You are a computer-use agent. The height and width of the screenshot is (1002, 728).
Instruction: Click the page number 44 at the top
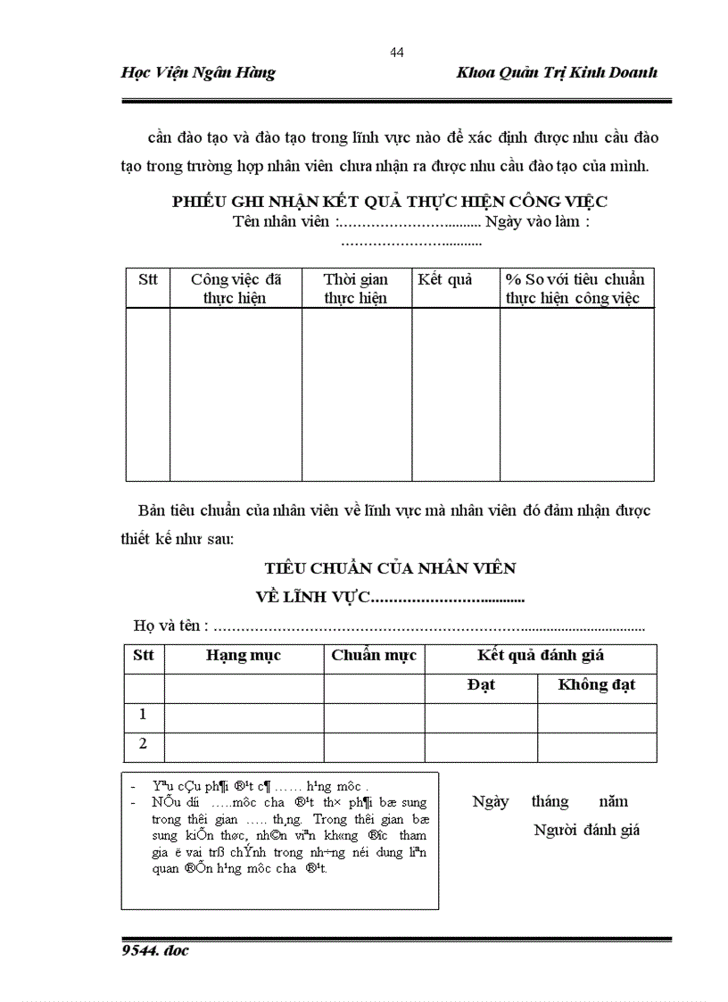(x=397, y=53)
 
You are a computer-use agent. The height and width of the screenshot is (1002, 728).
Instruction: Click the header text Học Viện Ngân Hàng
(x=198, y=73)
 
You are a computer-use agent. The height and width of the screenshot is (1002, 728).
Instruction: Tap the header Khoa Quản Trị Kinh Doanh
(x=557, y=73)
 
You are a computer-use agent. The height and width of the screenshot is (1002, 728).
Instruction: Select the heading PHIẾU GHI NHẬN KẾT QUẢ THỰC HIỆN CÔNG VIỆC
(x=390, y=202)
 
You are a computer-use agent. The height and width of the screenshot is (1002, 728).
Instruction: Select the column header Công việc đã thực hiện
(x=236, y=288)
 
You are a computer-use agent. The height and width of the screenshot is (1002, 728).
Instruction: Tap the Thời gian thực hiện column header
(x=356, y=288)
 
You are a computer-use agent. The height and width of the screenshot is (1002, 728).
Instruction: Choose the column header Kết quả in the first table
(x=445, y=279)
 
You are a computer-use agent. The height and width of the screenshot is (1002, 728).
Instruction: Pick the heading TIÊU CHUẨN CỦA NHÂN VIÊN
(x=390, y=567)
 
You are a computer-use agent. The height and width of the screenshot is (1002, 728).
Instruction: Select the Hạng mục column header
(x=244, y=656)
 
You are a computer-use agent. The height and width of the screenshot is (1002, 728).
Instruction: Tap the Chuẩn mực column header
(x=374, y=656)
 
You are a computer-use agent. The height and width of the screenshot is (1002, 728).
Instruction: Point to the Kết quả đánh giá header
(x=541, y=656)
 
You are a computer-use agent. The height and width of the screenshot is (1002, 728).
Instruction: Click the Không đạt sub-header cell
(x=596, y=686)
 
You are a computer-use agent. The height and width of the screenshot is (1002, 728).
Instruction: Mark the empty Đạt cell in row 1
(x=481, y=716)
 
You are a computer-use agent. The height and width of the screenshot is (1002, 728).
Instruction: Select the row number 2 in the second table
(x=143, y=744)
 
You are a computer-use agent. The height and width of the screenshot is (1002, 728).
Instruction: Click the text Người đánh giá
(x=587, y=830)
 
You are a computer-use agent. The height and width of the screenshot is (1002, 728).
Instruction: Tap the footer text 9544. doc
(x=155, y=950)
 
